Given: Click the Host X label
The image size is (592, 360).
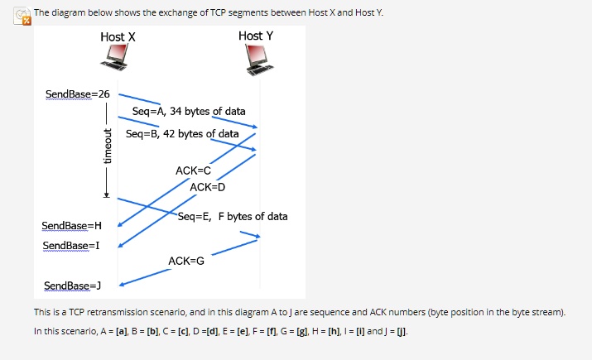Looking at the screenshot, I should click(118, 37).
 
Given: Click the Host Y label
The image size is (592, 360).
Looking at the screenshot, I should click(255, 36).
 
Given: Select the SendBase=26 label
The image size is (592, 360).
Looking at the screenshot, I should click(77, 93).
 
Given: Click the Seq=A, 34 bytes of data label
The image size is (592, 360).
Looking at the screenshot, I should click(189, 111).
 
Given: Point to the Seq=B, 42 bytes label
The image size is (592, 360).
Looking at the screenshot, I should click(182, 133).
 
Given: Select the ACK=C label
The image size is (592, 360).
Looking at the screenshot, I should click(193, 170).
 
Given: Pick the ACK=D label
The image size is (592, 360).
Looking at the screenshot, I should click(207, 186).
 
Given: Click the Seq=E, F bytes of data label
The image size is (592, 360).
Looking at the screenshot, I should click(233, 216).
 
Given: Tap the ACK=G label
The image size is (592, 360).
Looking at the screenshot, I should click(185, 261).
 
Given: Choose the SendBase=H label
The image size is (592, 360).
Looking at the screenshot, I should click(71, 226).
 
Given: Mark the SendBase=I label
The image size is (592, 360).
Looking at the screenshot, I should click(71, 246).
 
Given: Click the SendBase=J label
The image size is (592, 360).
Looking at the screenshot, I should click(72, 286).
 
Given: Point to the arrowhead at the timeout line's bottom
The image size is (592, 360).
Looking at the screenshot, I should click(106, 196).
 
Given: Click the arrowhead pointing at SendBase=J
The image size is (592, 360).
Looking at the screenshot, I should click(123, 285).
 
